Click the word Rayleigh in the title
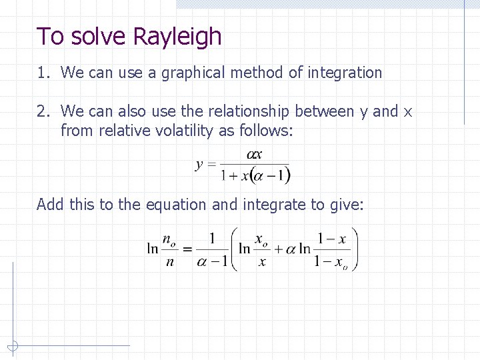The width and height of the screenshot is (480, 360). pos(177,36)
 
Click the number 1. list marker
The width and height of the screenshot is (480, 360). pos(45,73)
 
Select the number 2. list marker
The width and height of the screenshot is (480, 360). pos(45,111)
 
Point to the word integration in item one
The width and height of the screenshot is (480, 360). pos(345,73)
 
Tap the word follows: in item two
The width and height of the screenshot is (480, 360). pos(269,131)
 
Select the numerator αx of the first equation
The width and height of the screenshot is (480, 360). pos(255,155)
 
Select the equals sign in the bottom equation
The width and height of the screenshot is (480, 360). pos(187,249)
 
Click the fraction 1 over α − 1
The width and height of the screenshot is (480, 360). pos(212,249)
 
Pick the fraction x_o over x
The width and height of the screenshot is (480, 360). pos(262,249)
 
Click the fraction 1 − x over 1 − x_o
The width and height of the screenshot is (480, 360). pos(331,249)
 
